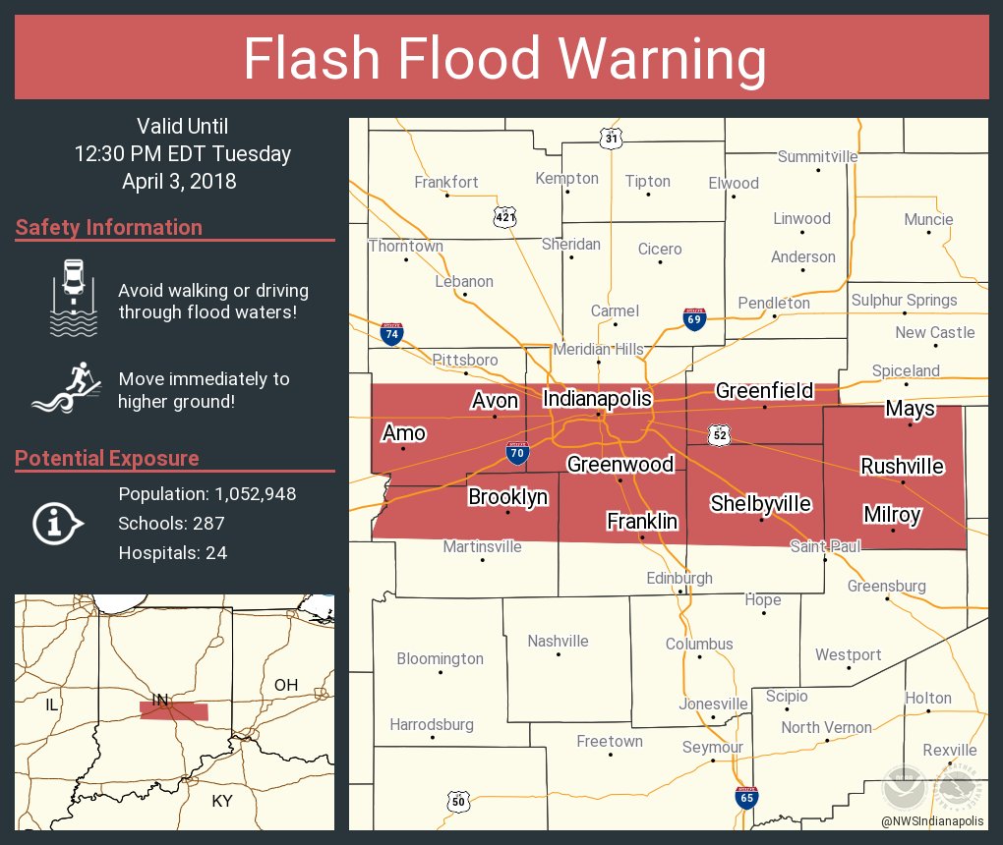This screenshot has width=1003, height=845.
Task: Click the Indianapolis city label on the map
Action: pyautogui.click(x=597, y=399)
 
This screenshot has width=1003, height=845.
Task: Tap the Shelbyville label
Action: pyautogui.click(x=761, y=504)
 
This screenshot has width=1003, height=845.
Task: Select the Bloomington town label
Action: pyautogui.click(x=440, y=658)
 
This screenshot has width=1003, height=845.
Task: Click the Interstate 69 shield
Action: pyautogui.click(x=694, y=318)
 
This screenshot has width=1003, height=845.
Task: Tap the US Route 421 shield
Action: pyautogui.click(x=505, y=216)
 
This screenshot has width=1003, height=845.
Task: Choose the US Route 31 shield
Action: pyautogui.click(x=612, y=140)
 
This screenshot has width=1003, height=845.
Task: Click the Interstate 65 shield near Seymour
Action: pyautogui.click(x=746, y=797)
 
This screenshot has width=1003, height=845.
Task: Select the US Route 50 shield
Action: pyautogui.click(x=457, y=802)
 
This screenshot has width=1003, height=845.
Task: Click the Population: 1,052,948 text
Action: pyautogui.click(x=206, y=494)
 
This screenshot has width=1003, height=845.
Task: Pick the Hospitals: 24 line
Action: pyautogui.click(x=172, y=553)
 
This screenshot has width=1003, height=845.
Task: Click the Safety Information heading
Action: pyautogui.click(x=109, y=228)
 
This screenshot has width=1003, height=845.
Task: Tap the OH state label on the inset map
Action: pyautogui.click(x=285, y=685)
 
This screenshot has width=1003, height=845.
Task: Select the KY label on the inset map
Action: pyautogui.click(x=222, y=801)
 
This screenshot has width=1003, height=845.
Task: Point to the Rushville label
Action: pyautogui.click(x=902, y=466)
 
